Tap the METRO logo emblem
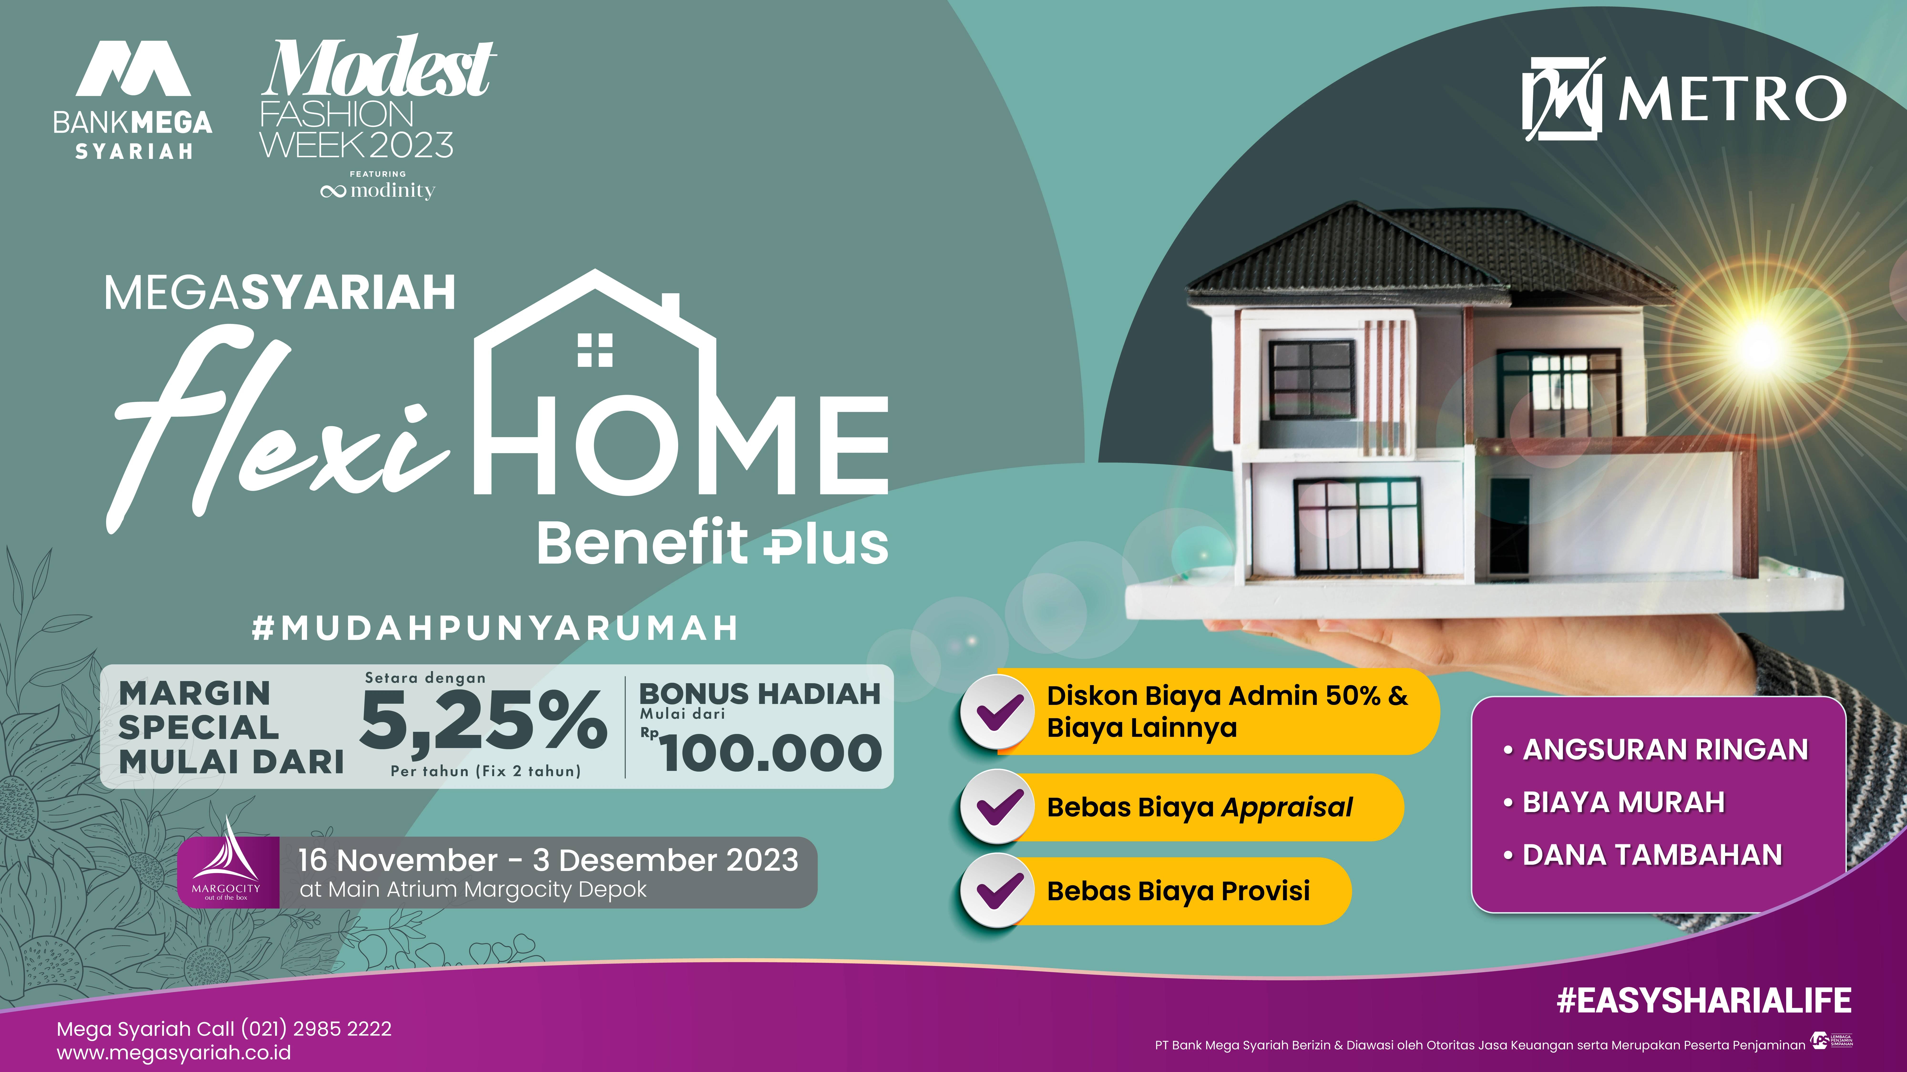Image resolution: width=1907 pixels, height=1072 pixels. [1562, 98]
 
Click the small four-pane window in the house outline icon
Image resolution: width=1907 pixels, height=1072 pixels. [595, 350]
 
